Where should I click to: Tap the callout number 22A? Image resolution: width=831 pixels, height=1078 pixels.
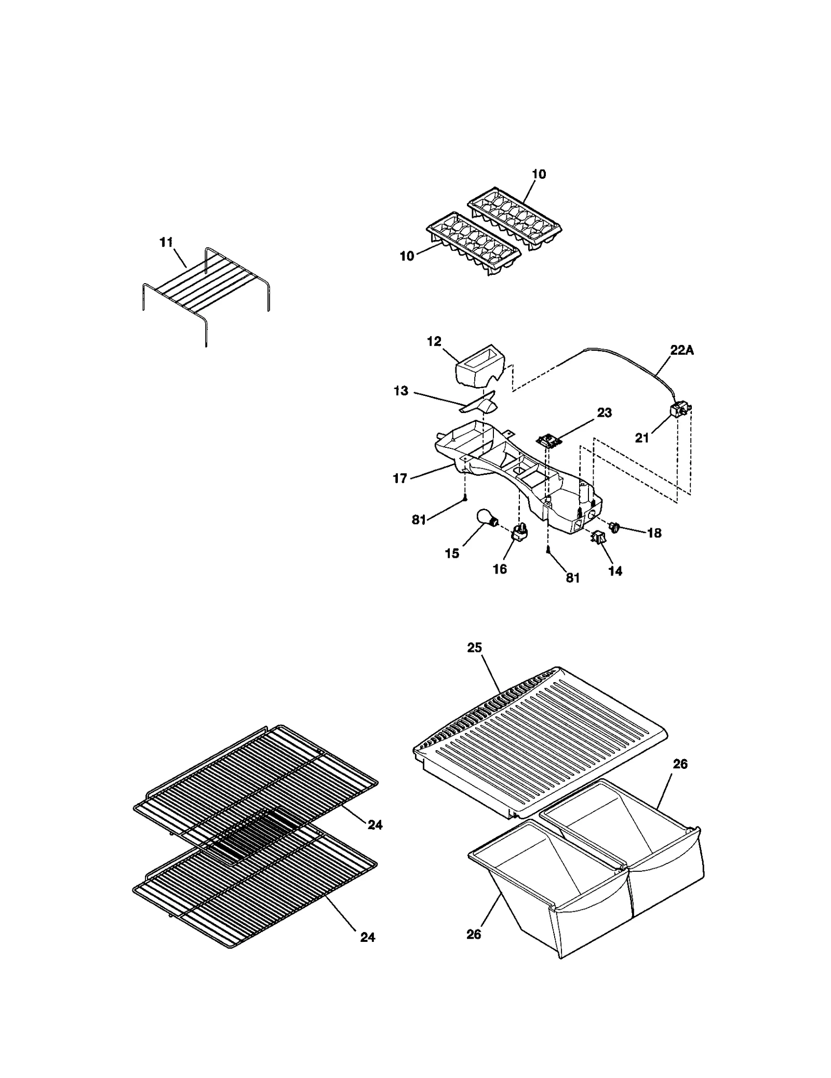(681, 350)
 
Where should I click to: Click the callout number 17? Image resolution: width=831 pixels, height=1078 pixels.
(400, 478)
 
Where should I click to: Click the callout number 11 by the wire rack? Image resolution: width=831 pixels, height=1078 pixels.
(166, 243)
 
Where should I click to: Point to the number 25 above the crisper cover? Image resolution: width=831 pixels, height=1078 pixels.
(474, 647)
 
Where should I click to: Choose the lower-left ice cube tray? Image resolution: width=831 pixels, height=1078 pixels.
(473, 244)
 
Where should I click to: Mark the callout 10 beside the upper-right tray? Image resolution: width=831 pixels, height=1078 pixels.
(539, 174)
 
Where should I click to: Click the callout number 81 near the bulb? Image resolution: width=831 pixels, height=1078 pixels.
(419, 520)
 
